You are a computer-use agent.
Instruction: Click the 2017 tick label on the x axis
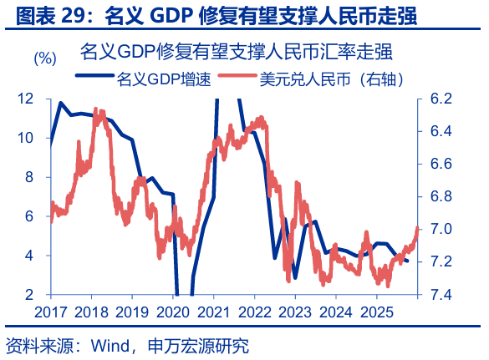(51, 312)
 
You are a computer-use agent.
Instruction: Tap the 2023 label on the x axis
(294, 312)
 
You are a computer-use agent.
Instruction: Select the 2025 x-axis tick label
(375, 312)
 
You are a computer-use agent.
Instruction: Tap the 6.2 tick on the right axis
(441, 99)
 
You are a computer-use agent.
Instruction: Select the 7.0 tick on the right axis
(441, 229)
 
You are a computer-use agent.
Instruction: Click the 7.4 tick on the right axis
(441, 295)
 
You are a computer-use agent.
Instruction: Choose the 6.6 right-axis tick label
(441, 164)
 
